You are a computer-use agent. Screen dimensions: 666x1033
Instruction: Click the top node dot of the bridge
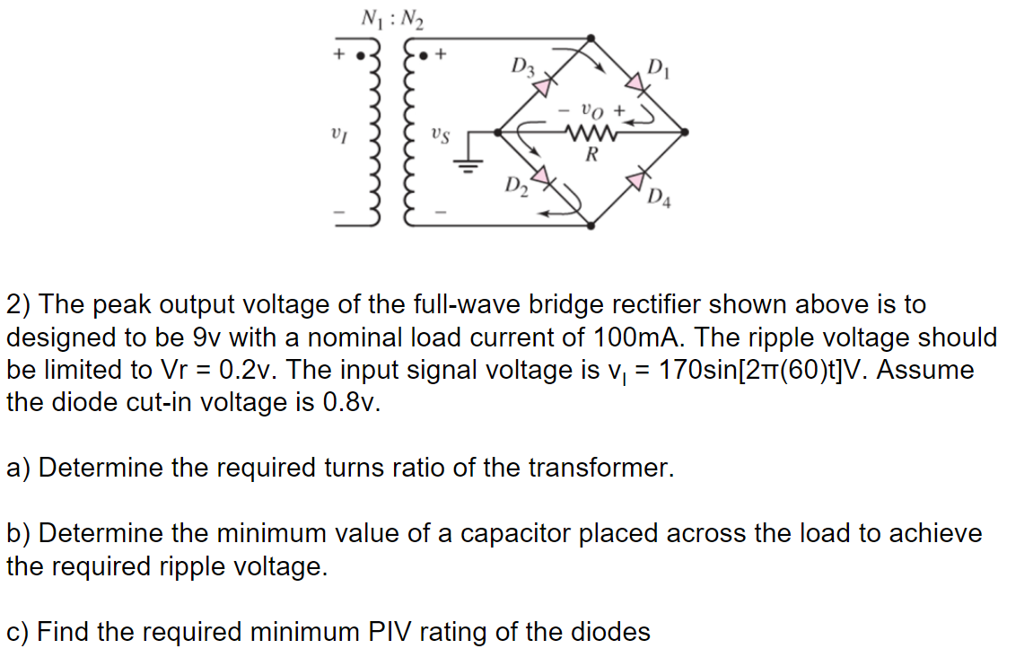[591, 39]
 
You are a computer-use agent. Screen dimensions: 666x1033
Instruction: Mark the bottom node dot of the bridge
[591, 226]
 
